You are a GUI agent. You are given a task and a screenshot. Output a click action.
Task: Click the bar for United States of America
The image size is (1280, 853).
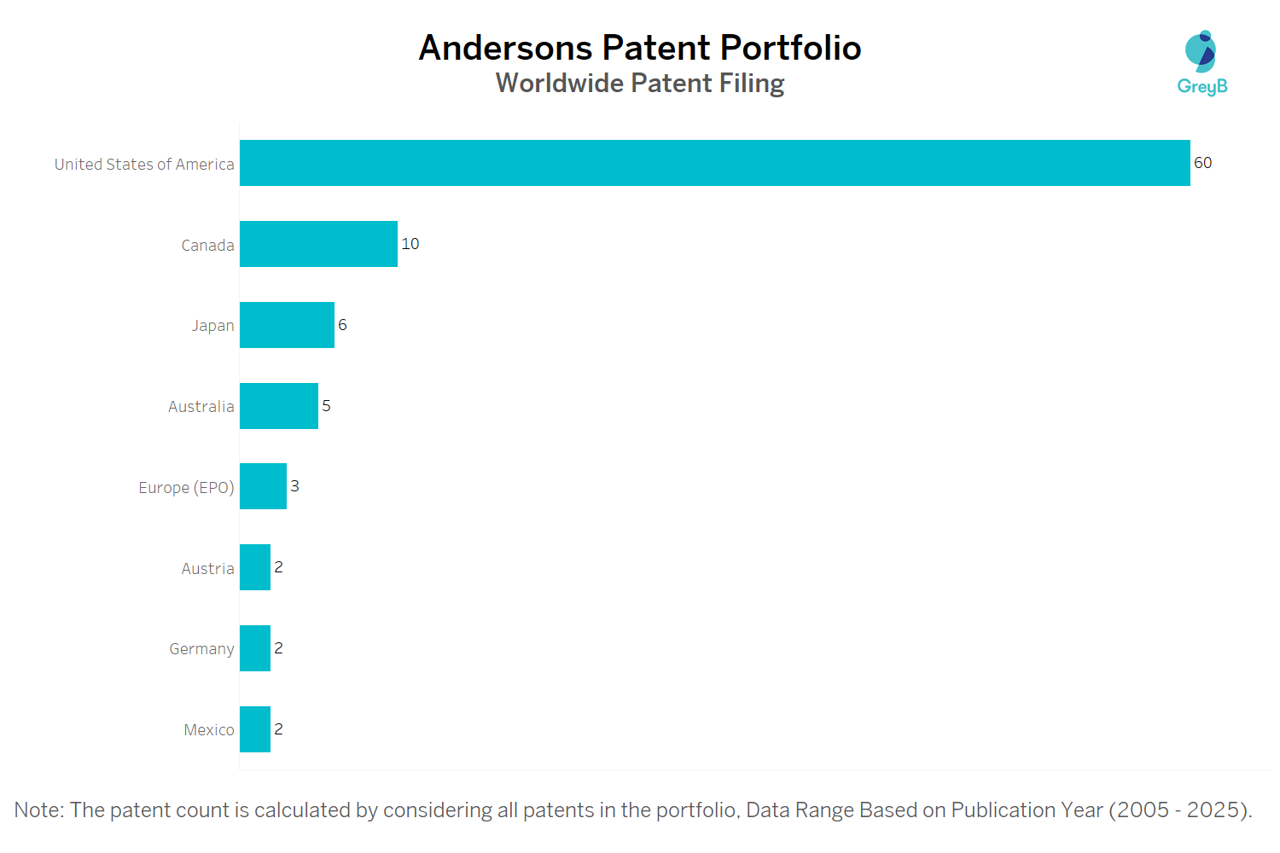pos(714,163)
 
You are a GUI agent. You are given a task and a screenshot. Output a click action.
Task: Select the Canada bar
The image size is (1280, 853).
pos(318,244)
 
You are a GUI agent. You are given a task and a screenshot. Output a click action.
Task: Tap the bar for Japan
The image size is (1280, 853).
pos(287,325)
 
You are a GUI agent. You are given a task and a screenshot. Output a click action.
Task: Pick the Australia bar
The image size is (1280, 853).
pos(279,406)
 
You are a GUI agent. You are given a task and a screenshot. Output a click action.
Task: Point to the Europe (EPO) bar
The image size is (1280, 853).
pos(263,486)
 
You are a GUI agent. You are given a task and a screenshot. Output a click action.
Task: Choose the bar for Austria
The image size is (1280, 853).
pos(255,567)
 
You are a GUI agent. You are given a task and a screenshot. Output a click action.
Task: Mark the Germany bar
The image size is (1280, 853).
pos(255,648)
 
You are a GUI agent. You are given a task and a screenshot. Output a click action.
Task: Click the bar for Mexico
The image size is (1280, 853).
pos(255,729)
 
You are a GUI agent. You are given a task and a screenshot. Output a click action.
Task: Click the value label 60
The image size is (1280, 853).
pos(1202,163)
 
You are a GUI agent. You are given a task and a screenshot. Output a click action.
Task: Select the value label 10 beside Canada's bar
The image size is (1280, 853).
pos(410,244)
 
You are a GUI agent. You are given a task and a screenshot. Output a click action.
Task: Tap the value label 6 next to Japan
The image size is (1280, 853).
pos(342,325)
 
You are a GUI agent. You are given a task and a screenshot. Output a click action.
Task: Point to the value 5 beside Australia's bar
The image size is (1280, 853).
pos(326,406)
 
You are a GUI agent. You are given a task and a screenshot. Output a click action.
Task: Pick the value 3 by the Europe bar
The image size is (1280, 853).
pos(294,486)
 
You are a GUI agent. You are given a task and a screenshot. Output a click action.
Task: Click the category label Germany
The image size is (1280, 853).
pos(201,649)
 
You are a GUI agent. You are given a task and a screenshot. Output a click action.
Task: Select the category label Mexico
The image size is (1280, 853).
pos(209,730)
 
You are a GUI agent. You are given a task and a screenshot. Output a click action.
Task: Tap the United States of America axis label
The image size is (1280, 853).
pos(144,165)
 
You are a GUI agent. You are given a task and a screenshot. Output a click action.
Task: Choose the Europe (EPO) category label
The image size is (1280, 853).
pos(186,488)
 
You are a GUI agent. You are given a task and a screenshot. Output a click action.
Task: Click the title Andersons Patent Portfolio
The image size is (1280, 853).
pos(640,48)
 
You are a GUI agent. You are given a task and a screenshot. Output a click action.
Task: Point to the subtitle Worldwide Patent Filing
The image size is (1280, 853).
pos(640,84)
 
